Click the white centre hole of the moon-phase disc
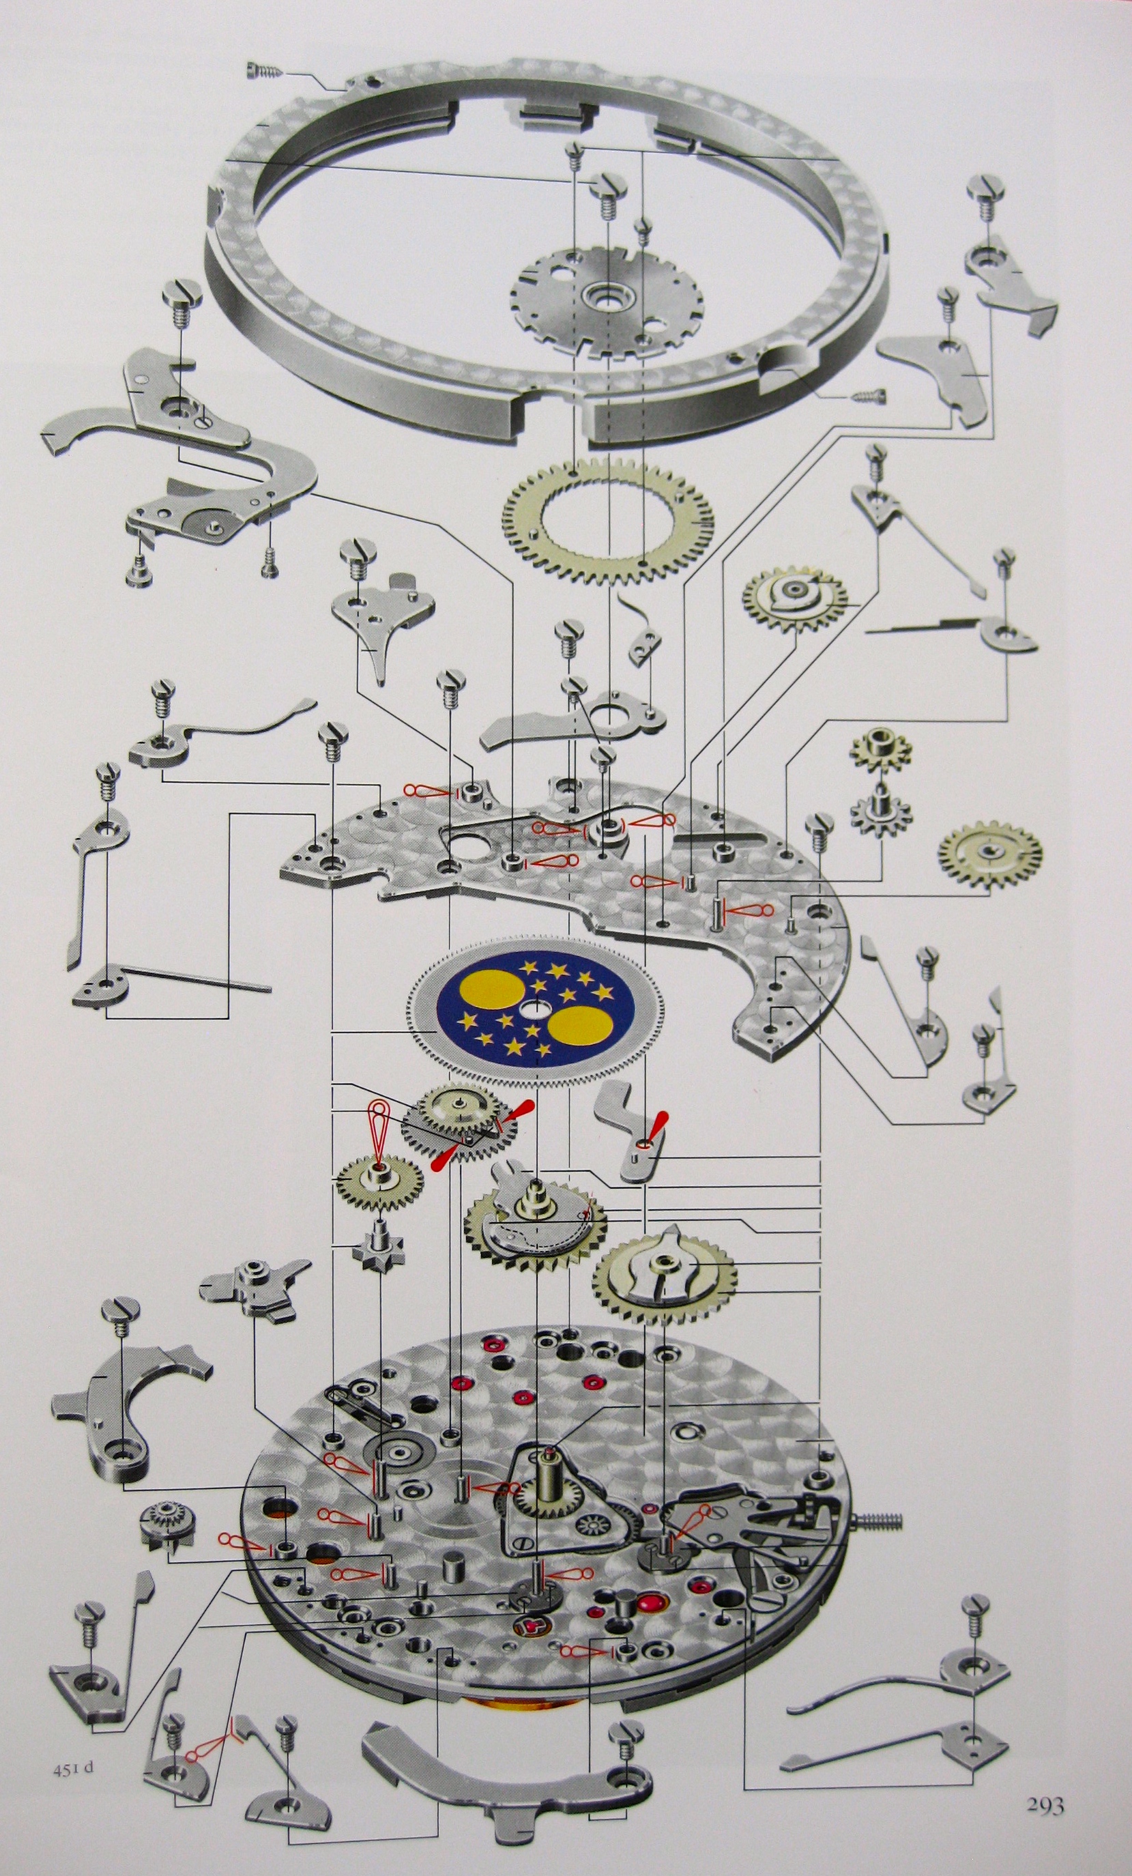[x=531, y=1009]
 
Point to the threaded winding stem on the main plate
[x=880, y=1521]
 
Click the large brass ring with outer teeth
[x=607, y=521]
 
